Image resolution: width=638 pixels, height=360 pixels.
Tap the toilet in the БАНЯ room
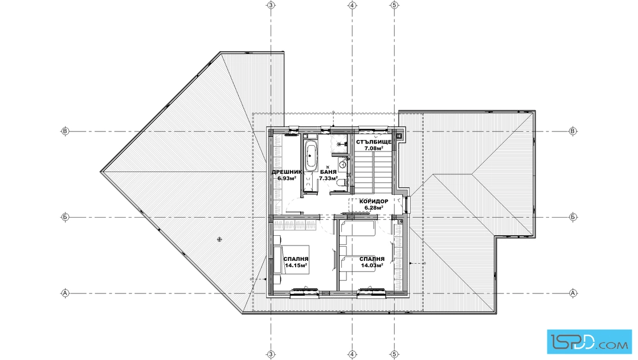pyautogui.click(x=342, y=183)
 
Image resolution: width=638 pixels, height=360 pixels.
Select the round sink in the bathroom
pyautogui.click(x=343, y=165)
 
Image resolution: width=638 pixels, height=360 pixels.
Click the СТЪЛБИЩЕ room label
pyautogui.click(x=374, y=142)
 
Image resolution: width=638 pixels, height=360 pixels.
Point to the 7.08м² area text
pyautogui.click(x=374, y=149)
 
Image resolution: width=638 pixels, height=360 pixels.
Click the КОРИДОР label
pyautogui.click(x=374, y=201)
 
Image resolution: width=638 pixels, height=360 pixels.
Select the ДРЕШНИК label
pyautogui.click(x=287, y=172)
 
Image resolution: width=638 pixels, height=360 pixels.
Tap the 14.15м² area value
pyautogui.click(x=296, y=265)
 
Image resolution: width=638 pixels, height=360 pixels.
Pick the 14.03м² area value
pyautogui.click(x=372, y=265)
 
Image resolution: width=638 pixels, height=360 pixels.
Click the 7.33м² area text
pyautogui.click(x=328, y=178)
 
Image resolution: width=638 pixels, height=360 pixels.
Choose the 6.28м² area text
pyautogui.click(x=374, y=208)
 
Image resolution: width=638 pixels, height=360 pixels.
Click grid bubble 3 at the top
pyautogui.click(x=271, y=5)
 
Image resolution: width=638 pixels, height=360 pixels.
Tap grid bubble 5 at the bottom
pyautogui.click(x=394, y=354)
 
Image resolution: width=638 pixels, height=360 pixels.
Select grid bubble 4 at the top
pyautogui.click(x=353, y=5)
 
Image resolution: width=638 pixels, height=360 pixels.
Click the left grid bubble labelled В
pyautogui.click(x=65, y=132)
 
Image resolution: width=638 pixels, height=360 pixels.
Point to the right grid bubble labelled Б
pyautogui.click(x=573, y=217)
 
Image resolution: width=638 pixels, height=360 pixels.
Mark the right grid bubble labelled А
pyautogui.click(x=573, y=293)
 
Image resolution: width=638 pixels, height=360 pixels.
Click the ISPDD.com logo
pyautogui.click(x=589, y=341)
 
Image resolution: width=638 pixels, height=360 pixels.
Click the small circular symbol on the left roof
pyautogui.click(x=219, y=239)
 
